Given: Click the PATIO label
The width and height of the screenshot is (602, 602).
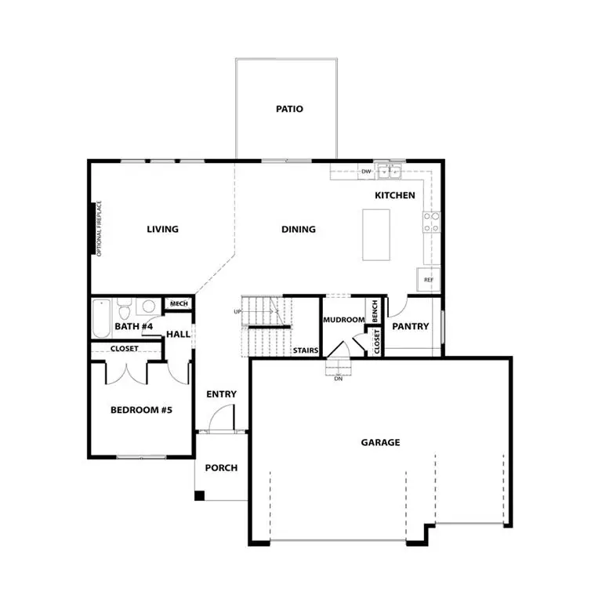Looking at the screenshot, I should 288,109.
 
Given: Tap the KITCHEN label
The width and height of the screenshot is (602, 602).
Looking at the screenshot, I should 394,195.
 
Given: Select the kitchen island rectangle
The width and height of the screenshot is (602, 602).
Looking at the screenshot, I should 376,234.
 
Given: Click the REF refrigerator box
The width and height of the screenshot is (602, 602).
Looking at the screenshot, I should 429,279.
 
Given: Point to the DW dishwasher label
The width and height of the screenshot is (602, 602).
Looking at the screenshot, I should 365,172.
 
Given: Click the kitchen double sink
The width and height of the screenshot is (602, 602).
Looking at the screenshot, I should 389,172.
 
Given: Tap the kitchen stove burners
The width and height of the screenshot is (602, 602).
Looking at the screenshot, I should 431,223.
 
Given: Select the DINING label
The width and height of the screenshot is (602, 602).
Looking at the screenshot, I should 298,230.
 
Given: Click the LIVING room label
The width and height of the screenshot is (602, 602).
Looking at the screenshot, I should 162,230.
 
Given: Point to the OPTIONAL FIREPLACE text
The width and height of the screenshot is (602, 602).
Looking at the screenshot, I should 100,228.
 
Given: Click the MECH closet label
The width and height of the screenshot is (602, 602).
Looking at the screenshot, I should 178,304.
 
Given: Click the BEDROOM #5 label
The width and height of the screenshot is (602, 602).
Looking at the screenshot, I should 140,409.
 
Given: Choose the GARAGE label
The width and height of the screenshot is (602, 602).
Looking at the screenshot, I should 380,442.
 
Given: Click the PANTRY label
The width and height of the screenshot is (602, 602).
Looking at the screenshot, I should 410,326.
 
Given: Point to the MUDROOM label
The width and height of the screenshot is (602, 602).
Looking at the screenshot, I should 343,320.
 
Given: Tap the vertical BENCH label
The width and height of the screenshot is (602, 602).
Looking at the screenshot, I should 375,311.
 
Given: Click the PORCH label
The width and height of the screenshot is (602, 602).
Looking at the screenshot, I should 221,468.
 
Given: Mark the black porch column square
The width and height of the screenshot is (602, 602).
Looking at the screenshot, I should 199,495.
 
